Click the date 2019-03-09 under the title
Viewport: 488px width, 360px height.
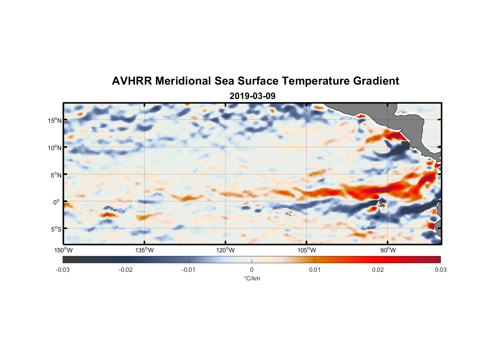tap(252, 96)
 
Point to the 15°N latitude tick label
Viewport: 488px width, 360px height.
tap(55, 120)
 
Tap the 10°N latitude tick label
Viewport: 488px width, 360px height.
tap(55, 148)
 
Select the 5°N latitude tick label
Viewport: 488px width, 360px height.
tap(56, 175)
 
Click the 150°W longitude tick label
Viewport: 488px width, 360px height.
tap(63, 250)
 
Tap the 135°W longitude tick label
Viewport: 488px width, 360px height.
tap(144, 250)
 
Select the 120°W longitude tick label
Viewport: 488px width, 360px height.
tap(225, 250)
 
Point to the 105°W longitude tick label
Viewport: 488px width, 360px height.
tap(307, 250)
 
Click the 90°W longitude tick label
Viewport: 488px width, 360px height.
tap(388, 250)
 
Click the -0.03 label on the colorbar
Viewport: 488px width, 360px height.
tap(63, 270)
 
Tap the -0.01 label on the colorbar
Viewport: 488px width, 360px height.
tap(189, 270)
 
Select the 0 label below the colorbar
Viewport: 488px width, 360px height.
tap(252, 270)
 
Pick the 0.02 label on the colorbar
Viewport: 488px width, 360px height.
tap(378, 270)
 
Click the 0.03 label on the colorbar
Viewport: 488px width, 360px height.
tap(440, 270)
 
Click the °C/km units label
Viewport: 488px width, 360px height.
tap(252, 278)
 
